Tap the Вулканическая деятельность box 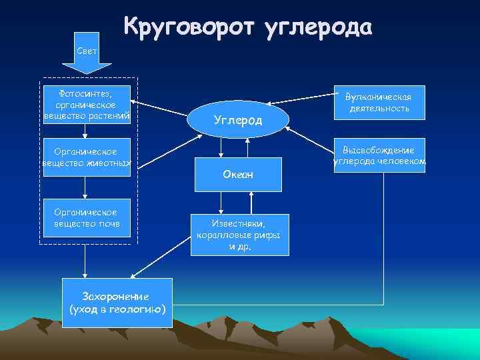point(379,102)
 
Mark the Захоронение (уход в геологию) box point(118,303)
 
